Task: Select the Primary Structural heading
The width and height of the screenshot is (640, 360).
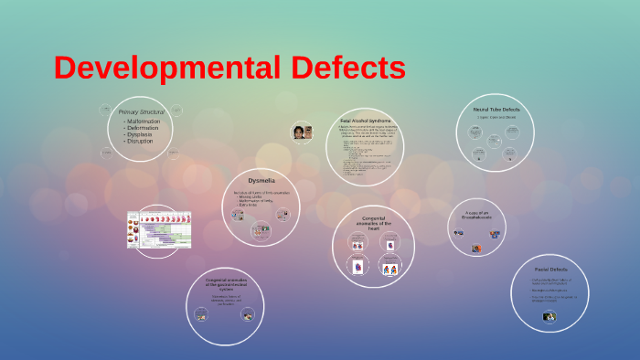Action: pyautogui.click(x=141, y=111)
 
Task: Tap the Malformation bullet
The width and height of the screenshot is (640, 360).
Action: pyautogui.click(x=144, y=122)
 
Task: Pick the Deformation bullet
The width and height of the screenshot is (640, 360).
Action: pyautogui.click(x=143, y=128)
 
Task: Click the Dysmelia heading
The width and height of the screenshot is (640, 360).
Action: pyautogui.click(x=261, y=180)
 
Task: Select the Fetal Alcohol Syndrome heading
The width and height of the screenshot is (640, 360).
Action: pyautogui.click(x=366, y=121)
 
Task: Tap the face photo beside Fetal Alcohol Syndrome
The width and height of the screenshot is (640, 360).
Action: pyautogui.click(x=303, y=132)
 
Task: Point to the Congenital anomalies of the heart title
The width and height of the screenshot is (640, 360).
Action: pyautogui.click(x=374, y=223)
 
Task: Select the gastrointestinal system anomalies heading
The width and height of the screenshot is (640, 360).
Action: pyautogui.click(x=224, y=283)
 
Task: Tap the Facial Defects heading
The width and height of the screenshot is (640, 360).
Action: pyautogui.click(x=551, y=270)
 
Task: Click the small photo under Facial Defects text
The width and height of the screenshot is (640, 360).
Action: pyautogui.click(x=549, y=317)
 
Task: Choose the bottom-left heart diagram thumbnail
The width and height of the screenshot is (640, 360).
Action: pyautogui.click(x=357, y=268)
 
